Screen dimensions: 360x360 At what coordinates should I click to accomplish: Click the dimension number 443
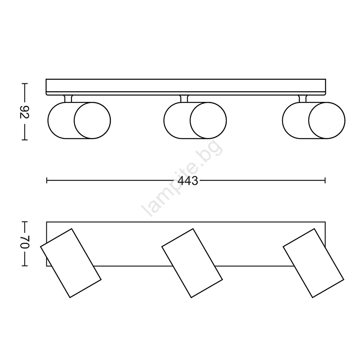188,181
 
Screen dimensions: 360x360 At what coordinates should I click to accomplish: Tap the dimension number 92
24,112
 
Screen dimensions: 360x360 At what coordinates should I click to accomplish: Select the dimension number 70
24,242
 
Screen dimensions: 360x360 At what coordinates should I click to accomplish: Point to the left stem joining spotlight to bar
68,99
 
